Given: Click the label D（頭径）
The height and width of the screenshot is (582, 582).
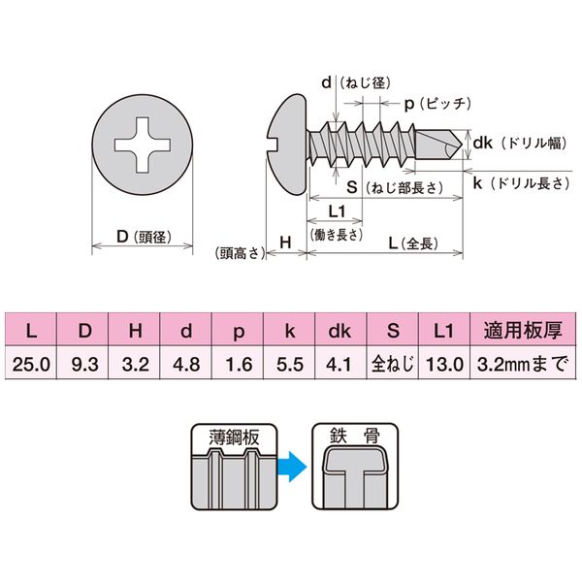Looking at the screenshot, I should [138, 236].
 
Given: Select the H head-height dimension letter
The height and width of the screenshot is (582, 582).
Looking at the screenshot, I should [286, 241].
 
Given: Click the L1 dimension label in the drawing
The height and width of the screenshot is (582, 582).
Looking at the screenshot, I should [338, 211].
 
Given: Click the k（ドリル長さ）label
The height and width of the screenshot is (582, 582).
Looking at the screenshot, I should [523, 182].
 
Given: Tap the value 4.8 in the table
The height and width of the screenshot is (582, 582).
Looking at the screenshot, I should [186, 365].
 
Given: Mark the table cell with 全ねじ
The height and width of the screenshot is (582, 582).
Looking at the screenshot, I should [392, 365].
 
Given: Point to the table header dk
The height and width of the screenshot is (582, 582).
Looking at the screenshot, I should [339, 331].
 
